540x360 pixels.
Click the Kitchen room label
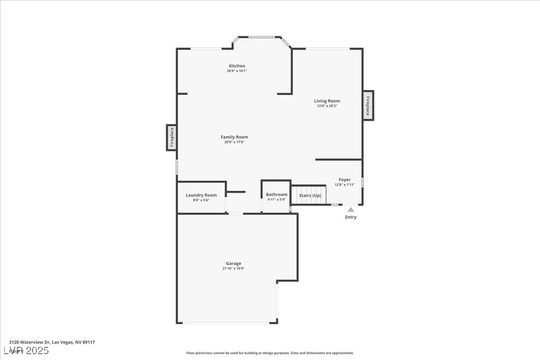pos(237,66)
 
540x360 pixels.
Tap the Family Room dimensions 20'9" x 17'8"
pos(234,142)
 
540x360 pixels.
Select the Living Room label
pos(327,101)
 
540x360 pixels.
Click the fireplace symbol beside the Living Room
pos(368,105)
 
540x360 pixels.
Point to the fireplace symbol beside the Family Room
pos(171,138)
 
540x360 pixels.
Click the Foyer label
pos(344,180)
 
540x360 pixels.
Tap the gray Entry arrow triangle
pos(351,209)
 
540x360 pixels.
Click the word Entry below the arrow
pos(351,217)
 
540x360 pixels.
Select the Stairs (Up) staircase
pos(310,195)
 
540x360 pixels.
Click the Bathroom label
pos(276,194)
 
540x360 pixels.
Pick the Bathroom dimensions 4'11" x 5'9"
pos(276,199)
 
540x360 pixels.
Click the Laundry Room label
pos(201,195)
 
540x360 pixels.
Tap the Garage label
pos(234,264)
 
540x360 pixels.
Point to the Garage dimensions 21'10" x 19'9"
pos(234,268)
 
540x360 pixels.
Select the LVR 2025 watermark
pos(26,350)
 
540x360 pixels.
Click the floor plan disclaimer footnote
pos(269,353)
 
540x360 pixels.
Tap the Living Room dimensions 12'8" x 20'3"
pos(327,106)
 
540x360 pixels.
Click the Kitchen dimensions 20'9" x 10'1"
pos(237,71)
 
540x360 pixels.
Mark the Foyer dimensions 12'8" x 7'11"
pos(344,184)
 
